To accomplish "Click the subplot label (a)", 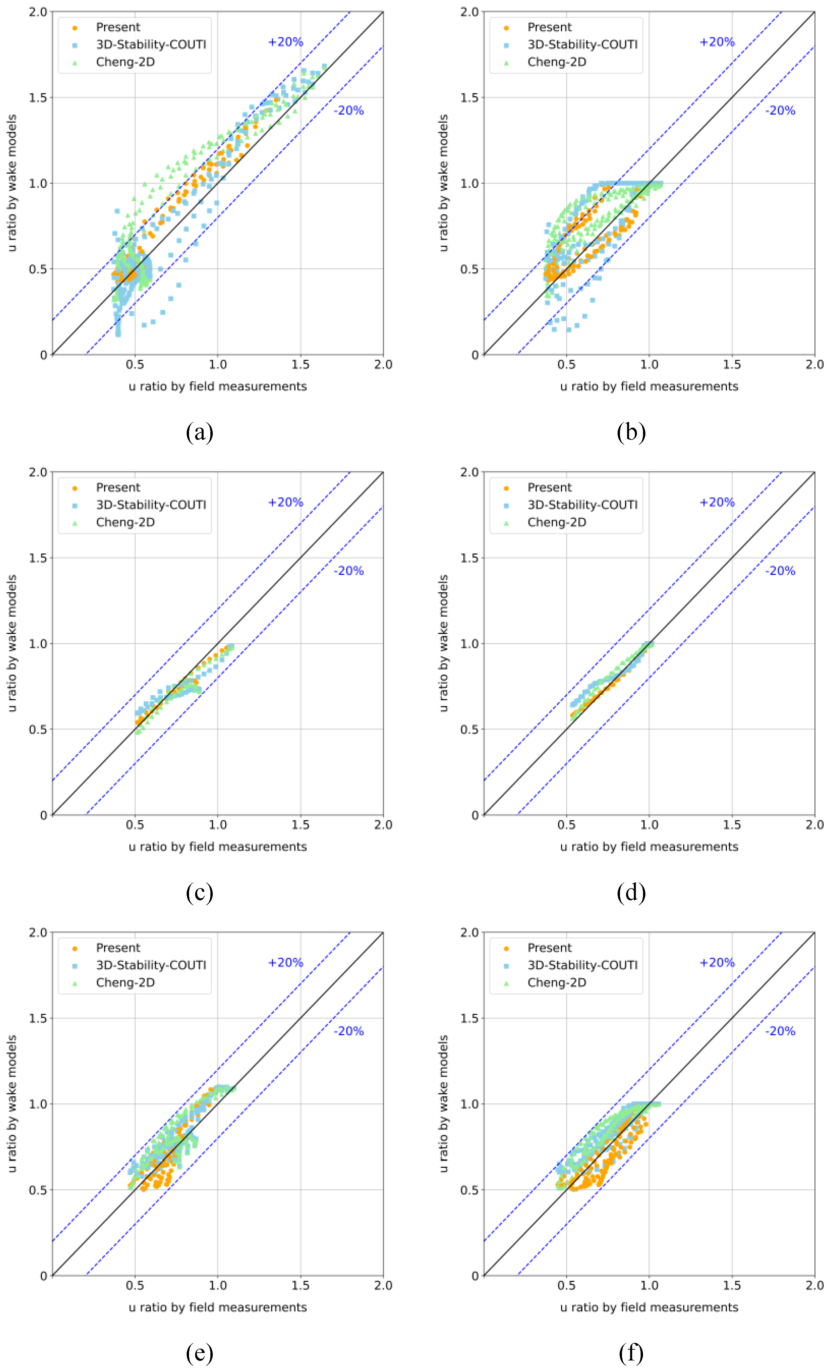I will [x=199, y=432].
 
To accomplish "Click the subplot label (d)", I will [x=631, y=893].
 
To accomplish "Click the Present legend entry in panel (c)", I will [x=118, y=488].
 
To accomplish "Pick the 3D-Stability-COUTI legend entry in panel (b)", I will [x=582, y=44].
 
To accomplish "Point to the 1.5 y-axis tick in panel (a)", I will [x=38, y=98].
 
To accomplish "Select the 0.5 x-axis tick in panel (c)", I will [x=135, y=825].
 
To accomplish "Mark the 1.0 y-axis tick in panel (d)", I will [x=469, y=644].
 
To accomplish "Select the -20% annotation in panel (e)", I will [x=349, y=1031].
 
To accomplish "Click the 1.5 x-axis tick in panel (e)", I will [x=300, y=1286].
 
